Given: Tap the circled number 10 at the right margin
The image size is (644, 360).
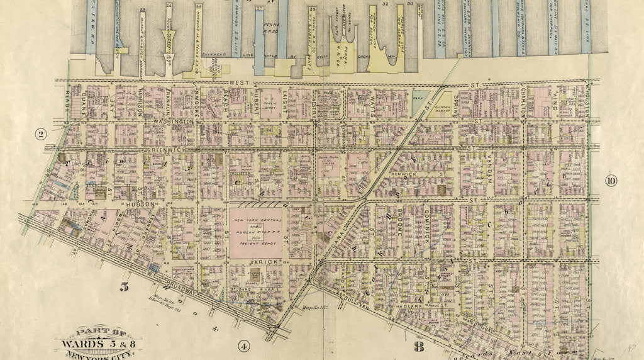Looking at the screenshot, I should coord(611,181).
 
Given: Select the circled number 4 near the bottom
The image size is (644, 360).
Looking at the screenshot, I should coord(244,345).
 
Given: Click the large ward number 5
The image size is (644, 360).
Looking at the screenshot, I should coord(125,287).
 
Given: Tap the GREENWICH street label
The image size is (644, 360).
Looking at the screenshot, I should coord(168,150).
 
